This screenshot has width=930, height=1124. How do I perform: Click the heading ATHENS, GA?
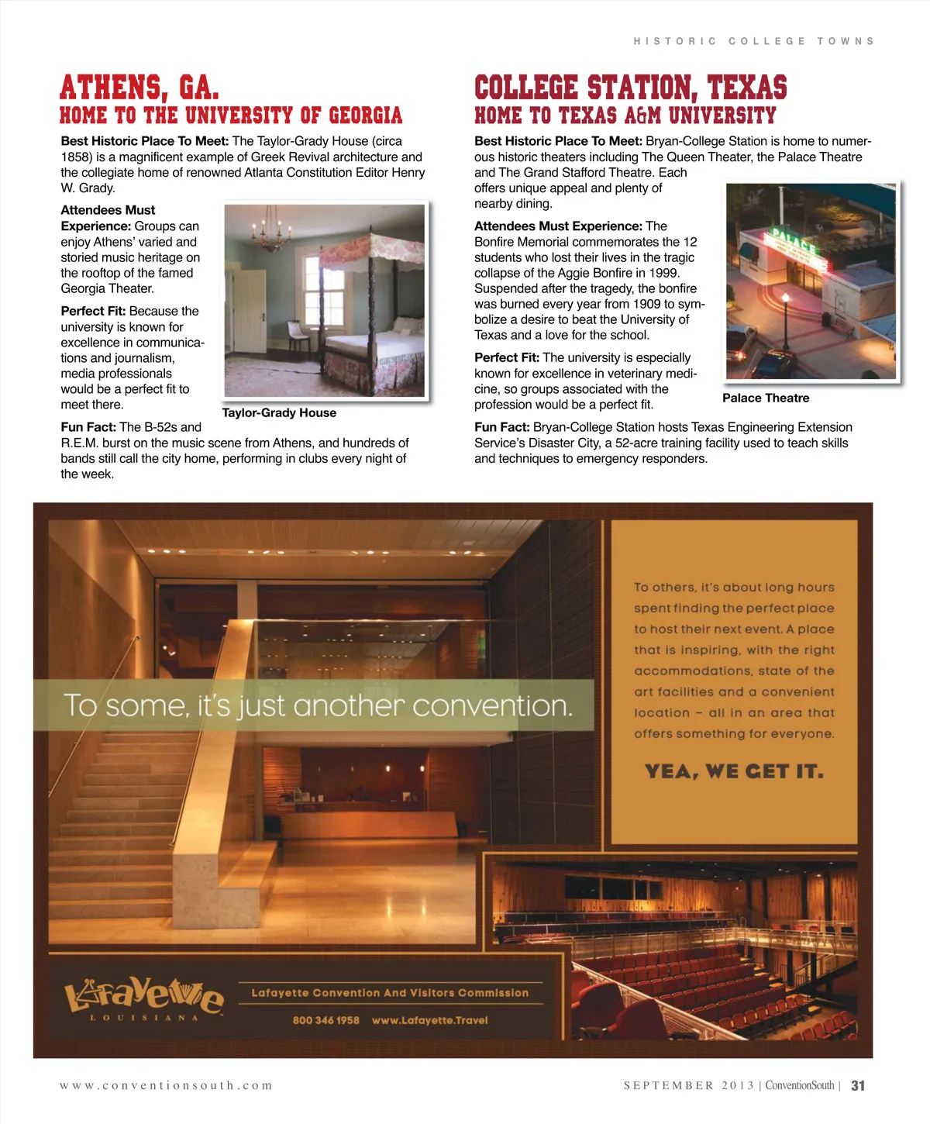[x=139, y=87]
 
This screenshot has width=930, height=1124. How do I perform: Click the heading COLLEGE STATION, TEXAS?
[x=630, y=87]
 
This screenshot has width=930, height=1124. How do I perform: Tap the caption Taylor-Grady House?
[x=279, y=413]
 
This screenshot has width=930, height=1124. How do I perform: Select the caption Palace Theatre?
[x=766, y=398]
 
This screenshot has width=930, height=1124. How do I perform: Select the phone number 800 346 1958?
[x=325, y=1020]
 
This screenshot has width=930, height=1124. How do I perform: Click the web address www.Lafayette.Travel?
[x=430, y=1020]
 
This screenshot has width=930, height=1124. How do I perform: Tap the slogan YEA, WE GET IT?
[x=734, y=771]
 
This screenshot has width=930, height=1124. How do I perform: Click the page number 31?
[x=858, y=1085]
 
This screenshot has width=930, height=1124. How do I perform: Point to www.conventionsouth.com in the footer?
[x=166, y=1085]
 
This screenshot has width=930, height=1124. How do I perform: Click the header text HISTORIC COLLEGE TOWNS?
[x=753, y=41]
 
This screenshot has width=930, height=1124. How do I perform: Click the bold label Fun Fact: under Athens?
[x=88, y=427]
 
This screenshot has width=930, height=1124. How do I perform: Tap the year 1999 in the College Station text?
[x=664, y=273]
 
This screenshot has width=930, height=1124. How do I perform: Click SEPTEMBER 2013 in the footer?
[x=688, y=1085]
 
